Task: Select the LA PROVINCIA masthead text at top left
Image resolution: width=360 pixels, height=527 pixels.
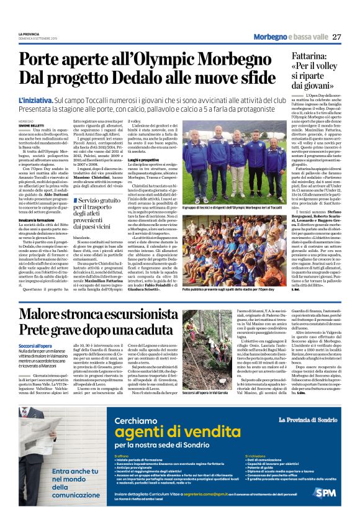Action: coord(28,33)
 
